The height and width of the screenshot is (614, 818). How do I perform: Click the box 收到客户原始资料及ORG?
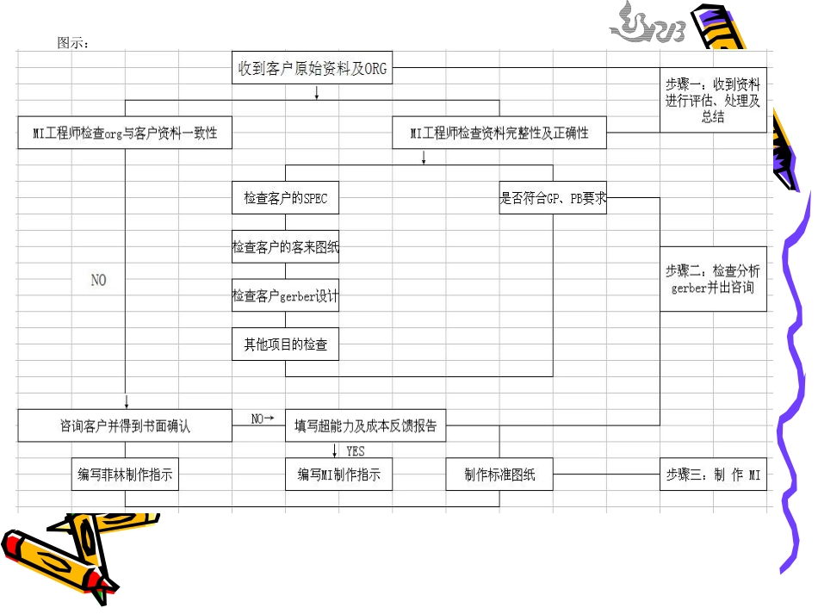point(313,68)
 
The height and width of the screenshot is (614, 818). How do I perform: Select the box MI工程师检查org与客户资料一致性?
point(125,133)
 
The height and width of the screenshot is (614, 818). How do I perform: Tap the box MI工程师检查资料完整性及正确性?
point(499,133)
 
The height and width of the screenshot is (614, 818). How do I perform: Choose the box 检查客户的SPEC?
point(285,198)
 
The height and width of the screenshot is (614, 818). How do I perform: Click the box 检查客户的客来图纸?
point(285,247)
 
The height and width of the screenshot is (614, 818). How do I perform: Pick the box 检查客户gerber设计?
point(285,295)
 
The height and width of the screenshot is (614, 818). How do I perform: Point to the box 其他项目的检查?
point(285,344)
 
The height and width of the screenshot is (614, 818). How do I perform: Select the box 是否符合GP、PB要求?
point(553,198)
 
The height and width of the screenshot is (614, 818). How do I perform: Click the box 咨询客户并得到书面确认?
point(125,425)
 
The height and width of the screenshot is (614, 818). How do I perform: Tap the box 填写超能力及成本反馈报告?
point(366,425)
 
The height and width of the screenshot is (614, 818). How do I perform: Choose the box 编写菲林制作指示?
point(125,474)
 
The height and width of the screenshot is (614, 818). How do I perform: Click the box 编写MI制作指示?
point(339,474)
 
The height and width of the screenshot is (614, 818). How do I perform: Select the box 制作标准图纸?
point(499,474)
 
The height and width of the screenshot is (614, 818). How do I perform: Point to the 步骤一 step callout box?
point(713,100)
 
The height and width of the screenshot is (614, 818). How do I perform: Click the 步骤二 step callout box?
point(713,279)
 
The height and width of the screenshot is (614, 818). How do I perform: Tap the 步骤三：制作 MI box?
point(713,474)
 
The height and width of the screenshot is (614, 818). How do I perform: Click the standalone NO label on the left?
point(99,280)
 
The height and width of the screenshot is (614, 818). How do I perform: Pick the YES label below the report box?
point(355,450)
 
